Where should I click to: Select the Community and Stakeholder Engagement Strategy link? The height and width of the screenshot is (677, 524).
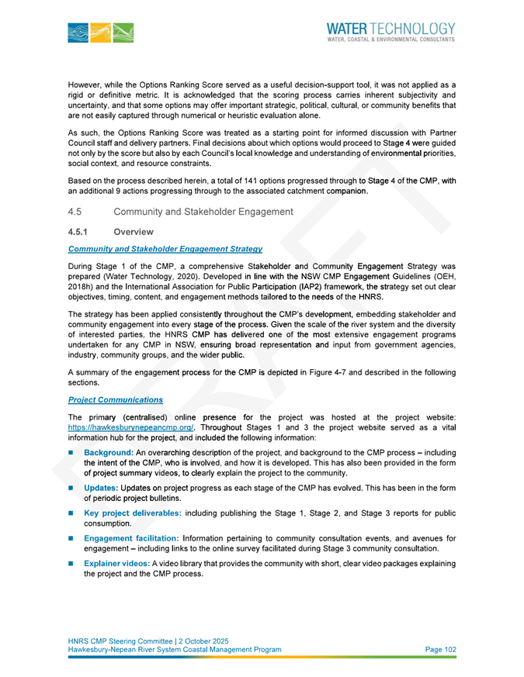click(x=165, y=248)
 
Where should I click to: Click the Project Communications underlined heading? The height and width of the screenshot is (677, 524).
click(x=115, y=399)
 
